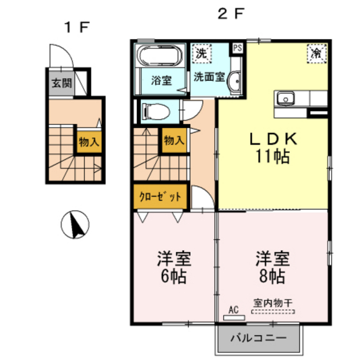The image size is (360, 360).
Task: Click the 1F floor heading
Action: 75,27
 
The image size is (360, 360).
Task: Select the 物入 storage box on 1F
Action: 89,142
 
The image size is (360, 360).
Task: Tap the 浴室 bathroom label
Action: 161,81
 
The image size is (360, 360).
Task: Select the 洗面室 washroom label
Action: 210,76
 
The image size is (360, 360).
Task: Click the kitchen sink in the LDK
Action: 286,99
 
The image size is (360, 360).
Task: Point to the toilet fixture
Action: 154,111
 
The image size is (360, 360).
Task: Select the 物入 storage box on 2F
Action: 174,139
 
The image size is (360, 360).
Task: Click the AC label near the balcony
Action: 233,310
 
